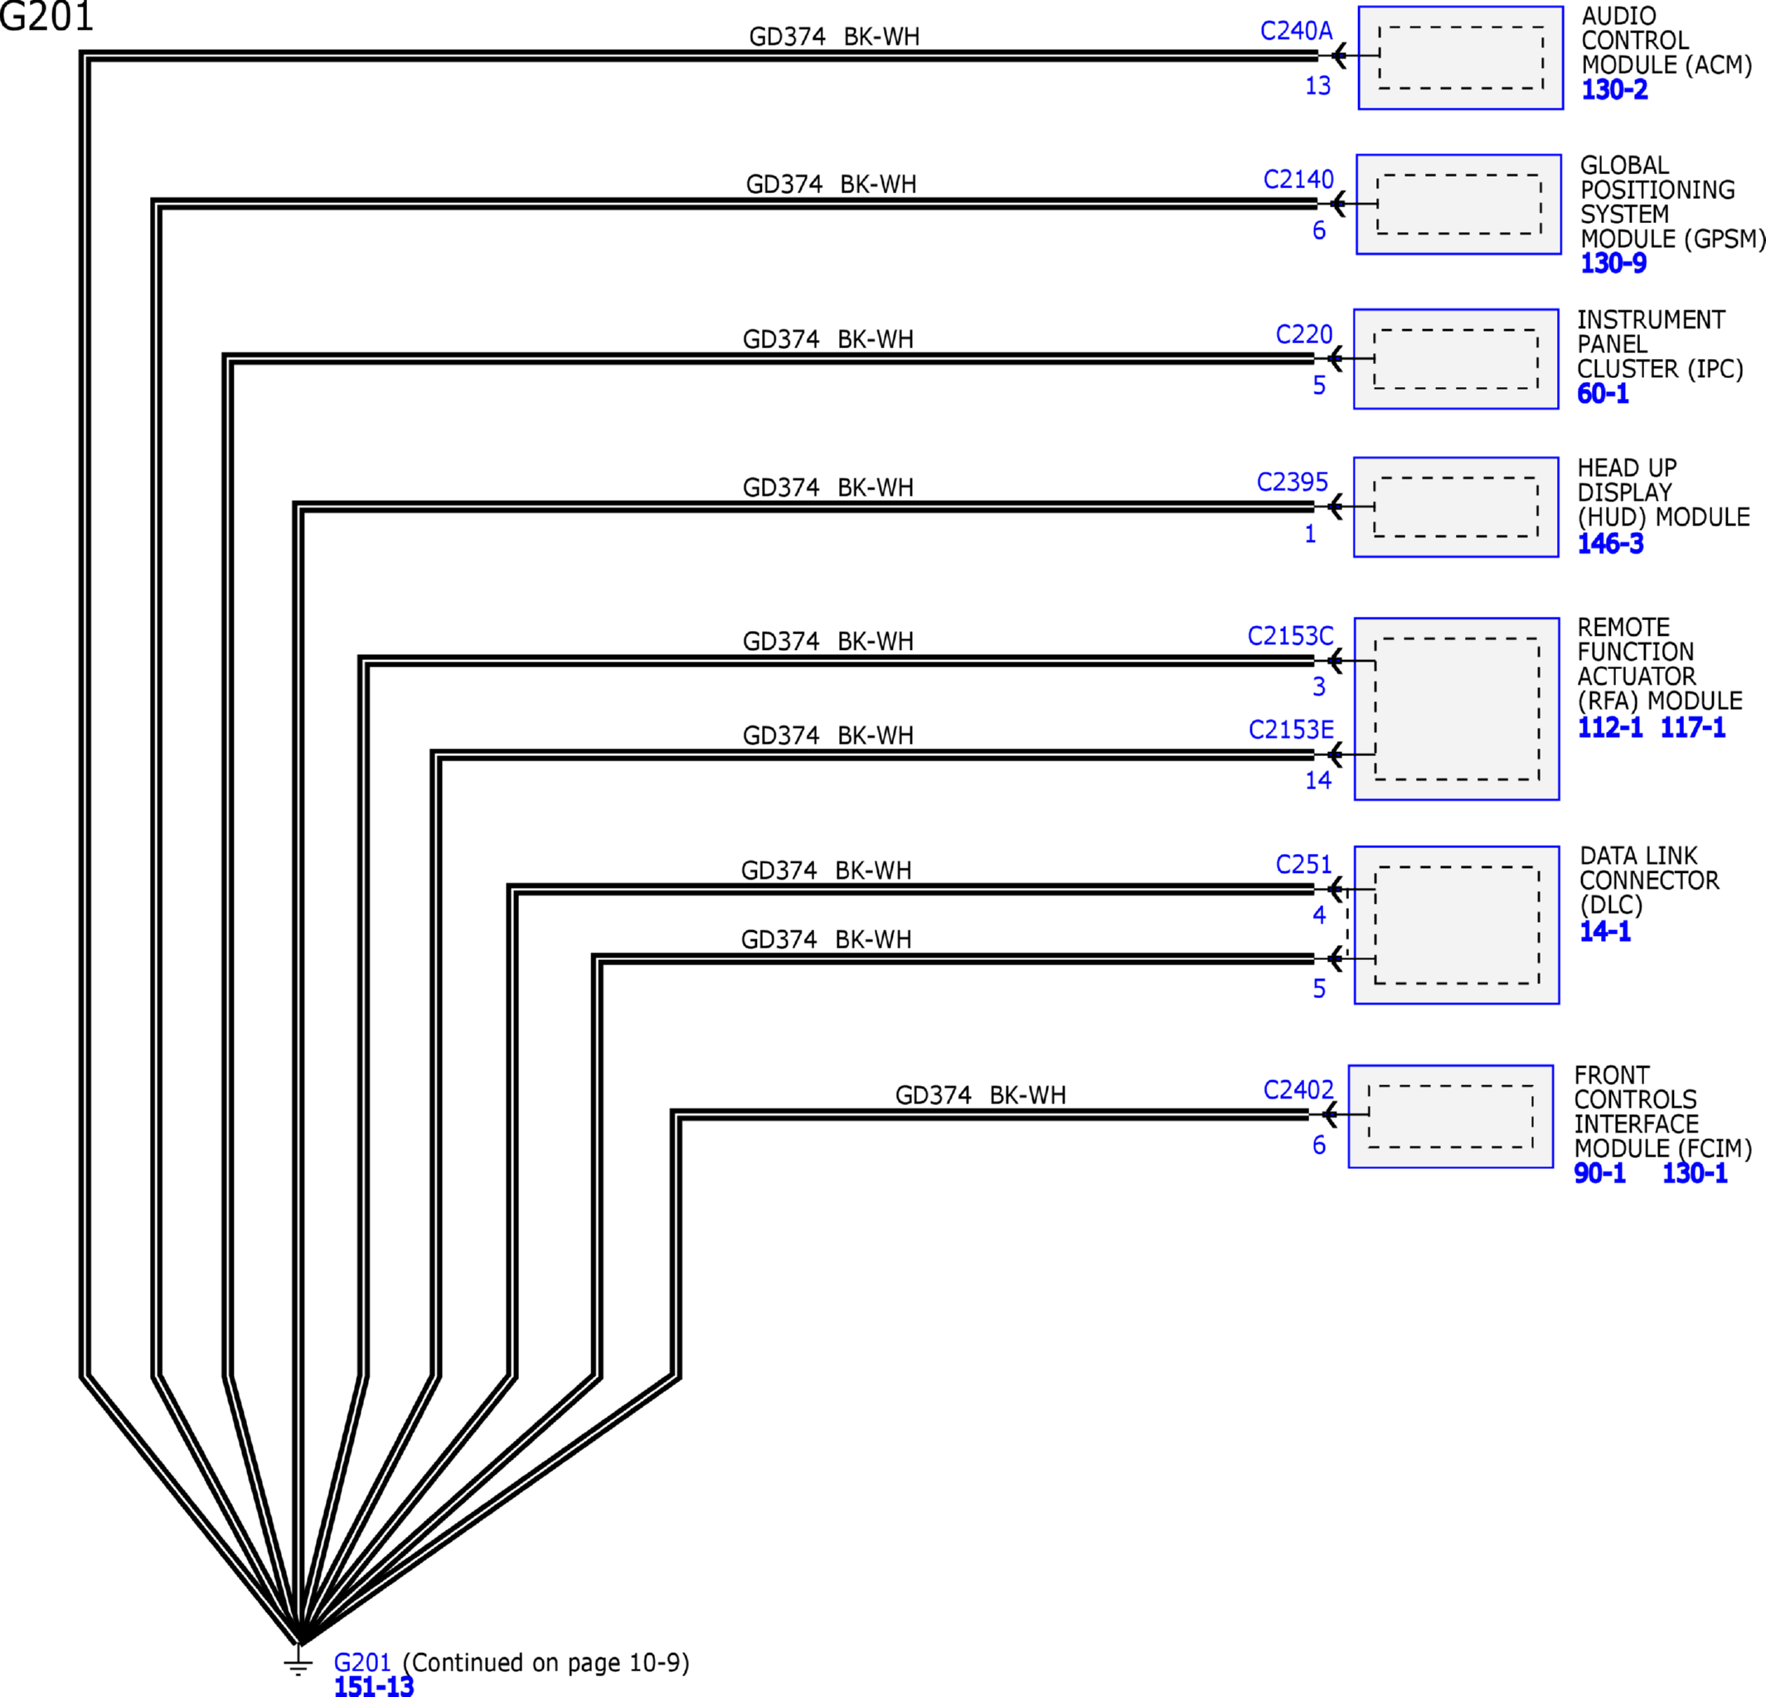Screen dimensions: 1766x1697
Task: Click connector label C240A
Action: (x=1296, y=31)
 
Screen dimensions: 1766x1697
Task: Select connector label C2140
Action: (x=1298, y=179)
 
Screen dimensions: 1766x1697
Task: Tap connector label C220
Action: (x=1304, y=334)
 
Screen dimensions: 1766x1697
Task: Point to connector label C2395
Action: (x=1292, y=482)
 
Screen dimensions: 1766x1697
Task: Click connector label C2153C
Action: (x=1290, y=636)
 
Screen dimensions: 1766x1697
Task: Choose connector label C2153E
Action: (x=1291, y=730)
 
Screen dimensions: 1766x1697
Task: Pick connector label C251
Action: (x=1304, y=865)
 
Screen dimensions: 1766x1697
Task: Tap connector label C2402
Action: (x=1298, y=1090)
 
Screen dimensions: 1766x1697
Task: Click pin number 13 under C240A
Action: (x=1318, y=85)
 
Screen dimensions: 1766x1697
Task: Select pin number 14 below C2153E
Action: (x=1318, y=780)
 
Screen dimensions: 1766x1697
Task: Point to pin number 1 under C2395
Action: (x=1311, y=534)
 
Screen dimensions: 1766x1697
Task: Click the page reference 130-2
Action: (x=1614, y=90)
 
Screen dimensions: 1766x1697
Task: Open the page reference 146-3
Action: (x=1610, y=543)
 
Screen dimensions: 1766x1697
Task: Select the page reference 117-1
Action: (x=1693, y=727)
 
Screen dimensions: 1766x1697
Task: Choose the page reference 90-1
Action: (x=1600, y=1173)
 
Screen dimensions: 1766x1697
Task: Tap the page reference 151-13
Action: (x=374, y=1686)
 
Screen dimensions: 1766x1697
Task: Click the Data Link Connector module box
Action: (x=1457, y=925)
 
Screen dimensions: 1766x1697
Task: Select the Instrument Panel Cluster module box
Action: (x=1456, y=360)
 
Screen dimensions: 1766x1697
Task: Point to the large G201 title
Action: (x=46, y=17)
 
